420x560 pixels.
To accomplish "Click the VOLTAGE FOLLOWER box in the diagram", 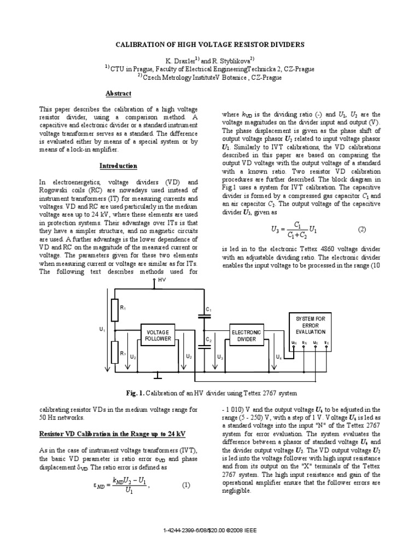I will [x=158, y=336].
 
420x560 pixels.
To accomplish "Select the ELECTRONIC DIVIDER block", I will [x=247, y=336].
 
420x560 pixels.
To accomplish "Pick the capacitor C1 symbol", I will [x=202, y=318].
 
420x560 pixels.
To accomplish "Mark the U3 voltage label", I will [x=220, y=357].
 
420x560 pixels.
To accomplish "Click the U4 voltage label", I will [x=278, y=357].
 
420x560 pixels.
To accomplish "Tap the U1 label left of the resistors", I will [x=102, y=330].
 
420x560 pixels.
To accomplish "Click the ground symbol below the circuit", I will [x=157, y=376].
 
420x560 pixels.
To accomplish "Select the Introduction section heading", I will [x=118, y=166].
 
